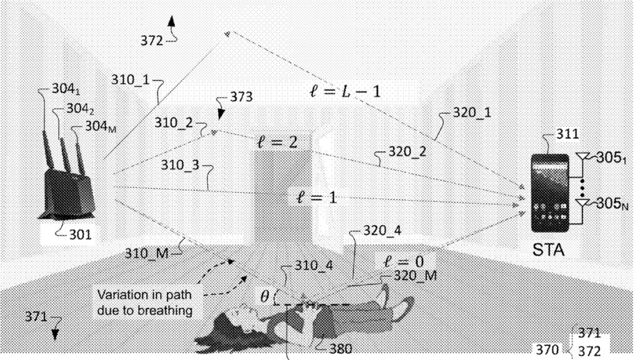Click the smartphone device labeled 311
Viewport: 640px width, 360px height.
pos(550,194)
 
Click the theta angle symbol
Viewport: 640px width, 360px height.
pos(264,297)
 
